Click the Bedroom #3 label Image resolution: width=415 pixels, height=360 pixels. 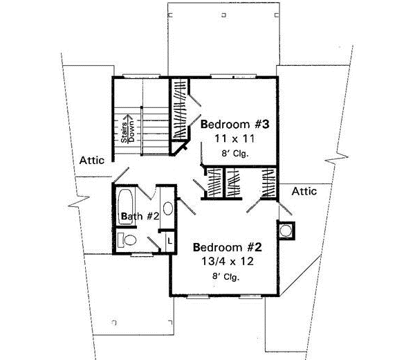pos(230,125)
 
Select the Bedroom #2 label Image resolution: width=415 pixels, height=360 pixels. pos(223,247)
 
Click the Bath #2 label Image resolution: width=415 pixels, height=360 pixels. pos(140,217)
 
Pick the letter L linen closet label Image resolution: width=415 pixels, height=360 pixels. pos(169,240)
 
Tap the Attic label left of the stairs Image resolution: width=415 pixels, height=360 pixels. pos(91,160)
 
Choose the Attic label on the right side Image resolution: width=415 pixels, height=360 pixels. pos(304,190)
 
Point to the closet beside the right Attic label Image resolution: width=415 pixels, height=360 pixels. pos(268,183)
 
